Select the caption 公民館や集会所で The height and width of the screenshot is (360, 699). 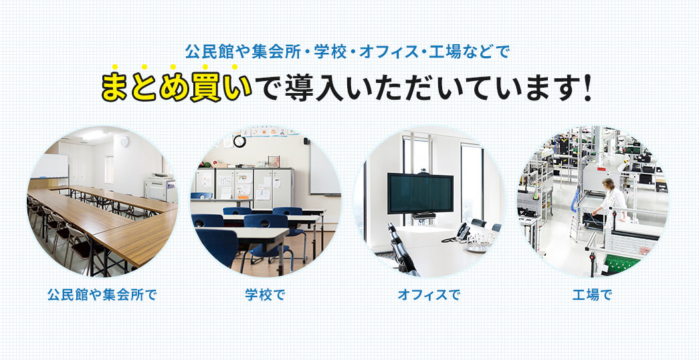(102, 294)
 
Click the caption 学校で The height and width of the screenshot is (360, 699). (265, 294)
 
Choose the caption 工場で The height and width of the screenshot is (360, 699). (592, 294)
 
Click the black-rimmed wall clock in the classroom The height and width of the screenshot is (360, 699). (239, 141)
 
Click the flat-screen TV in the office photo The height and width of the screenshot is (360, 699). (421, 192)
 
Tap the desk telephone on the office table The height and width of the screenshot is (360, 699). (464, 232)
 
